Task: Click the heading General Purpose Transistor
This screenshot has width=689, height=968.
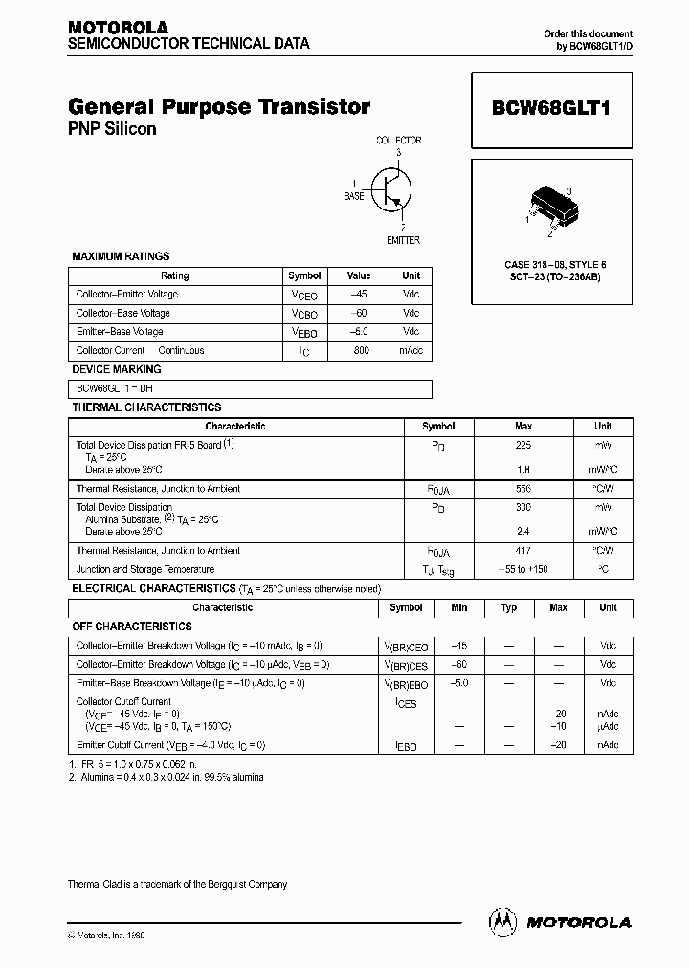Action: point(219,107)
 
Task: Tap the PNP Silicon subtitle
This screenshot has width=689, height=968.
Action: point(112,129)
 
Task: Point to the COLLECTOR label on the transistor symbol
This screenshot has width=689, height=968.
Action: point(398,141)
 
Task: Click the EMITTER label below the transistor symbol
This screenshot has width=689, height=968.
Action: point(403,240)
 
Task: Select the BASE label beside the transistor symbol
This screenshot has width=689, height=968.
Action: point(354,195)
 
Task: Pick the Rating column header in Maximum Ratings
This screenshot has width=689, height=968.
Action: point(174,275)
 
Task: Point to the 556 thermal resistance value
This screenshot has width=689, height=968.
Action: point(522,489)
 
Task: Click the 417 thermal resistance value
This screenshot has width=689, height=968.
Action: point(522,551)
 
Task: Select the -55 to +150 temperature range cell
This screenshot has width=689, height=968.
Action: point(522,569)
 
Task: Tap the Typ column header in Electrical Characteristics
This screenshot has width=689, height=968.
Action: point(509,607)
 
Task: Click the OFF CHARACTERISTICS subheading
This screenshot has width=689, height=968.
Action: point(132,627)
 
